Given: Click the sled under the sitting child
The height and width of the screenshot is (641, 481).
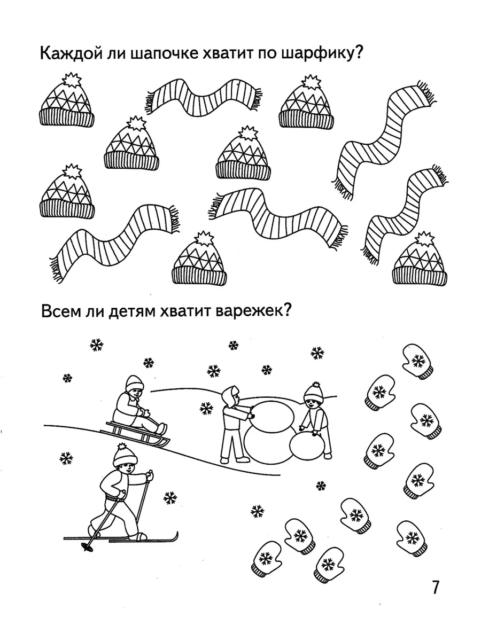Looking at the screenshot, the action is point(135,436).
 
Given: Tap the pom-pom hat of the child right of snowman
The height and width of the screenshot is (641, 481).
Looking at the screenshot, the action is point(313,393).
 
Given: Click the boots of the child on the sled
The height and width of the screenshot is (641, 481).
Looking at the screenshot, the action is point(161,429).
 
